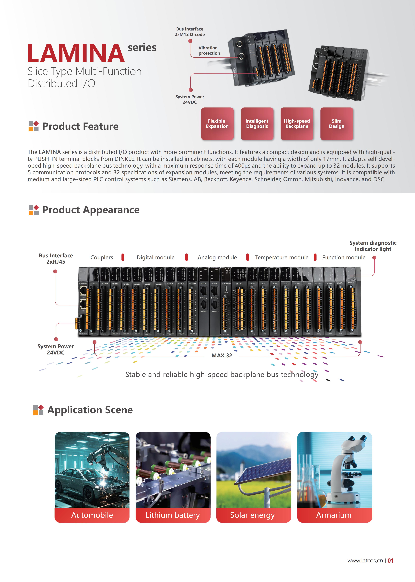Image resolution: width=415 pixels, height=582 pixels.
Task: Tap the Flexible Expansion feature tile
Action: click(x=217, y=124)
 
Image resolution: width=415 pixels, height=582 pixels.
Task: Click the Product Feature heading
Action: click(x=80, y=126)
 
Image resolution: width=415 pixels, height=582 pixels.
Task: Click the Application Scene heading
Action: click(x=90, y=410)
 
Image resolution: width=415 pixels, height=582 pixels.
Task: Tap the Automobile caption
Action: click(x=92, y=515)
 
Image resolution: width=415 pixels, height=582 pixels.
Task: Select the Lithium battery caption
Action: click(x=173, y=515)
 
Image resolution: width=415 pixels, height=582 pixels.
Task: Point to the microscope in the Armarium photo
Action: click(x=345, y=470)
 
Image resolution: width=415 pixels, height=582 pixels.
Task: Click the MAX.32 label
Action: click(x=222, y=355)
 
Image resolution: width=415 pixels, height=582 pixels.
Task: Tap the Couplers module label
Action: click(x=102, y=257)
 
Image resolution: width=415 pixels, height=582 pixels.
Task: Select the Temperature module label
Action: click(x=282, y=257)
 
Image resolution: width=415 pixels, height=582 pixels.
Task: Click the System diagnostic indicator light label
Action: click(x=373, y=246)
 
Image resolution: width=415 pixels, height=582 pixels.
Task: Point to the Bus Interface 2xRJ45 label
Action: click(x=56, y=259)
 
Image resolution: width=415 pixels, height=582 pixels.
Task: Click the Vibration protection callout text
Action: click(x=209, y=50)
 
